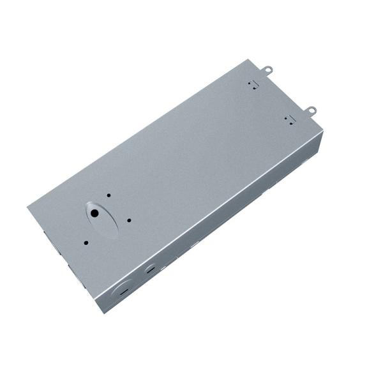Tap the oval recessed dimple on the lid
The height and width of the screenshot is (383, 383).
tap(102, 219)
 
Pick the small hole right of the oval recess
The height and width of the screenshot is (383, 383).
tap(129, 221)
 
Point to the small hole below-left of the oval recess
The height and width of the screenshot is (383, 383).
tap(86, 242)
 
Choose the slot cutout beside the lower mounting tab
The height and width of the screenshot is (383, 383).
tap(288, 119)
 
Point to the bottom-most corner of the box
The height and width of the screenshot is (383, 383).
tap(100, 312)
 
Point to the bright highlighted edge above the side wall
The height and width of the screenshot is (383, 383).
tap(211, 211)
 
